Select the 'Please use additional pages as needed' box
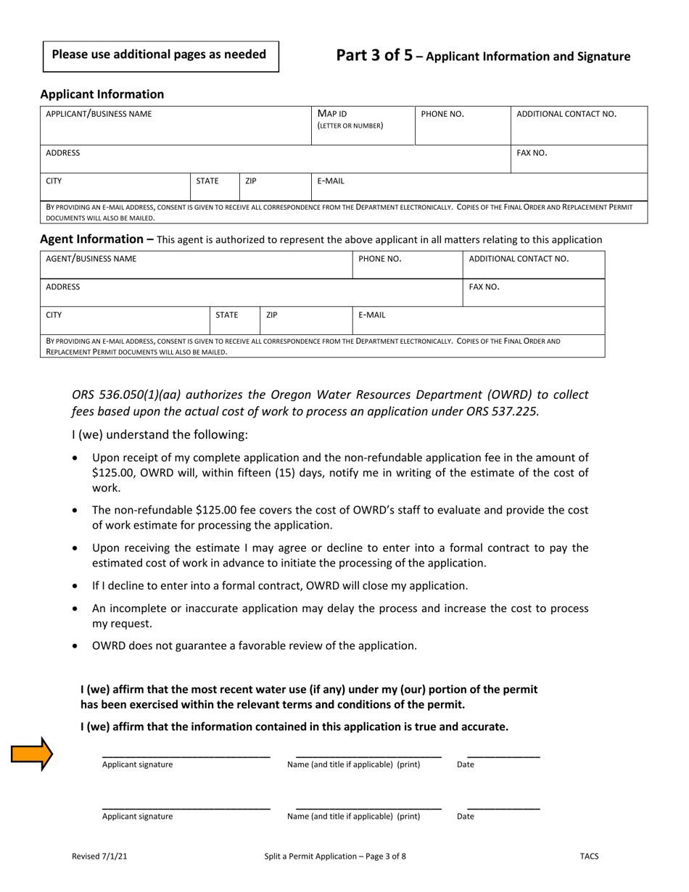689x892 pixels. point(161,55)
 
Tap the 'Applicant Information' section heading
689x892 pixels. point(102,94)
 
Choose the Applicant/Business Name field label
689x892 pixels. point(99,114)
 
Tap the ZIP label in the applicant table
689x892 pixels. point(250,181)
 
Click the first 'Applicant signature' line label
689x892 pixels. point(137,764)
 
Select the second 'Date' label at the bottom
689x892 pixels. point(465,817)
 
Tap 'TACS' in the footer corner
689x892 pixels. point(589,856)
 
